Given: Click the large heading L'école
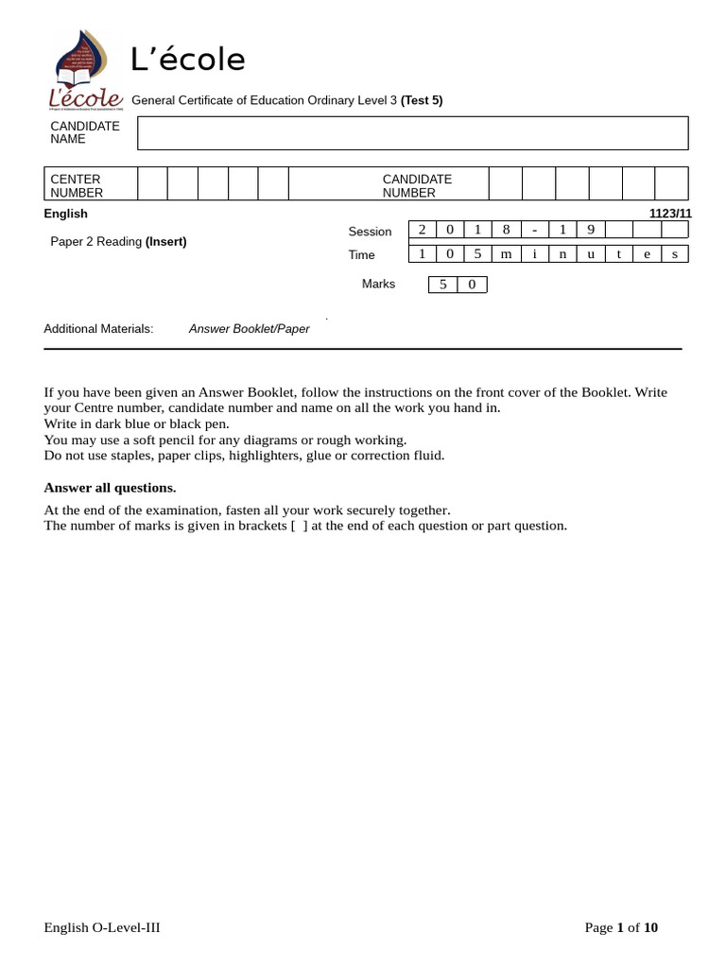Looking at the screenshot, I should click(x=188, y=60).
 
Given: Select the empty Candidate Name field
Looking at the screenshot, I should click(x=412, y=133).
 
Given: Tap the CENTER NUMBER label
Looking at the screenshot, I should click(x=76, y=185).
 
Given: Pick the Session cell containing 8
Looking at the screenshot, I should click(x=507, y=230).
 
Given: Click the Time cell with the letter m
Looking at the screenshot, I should click(x=507, y=253).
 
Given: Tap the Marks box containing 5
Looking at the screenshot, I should click(x=442, y=285).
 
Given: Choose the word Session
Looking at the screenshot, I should click(x=370, y=232).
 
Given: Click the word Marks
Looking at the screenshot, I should click(x=378, y=284).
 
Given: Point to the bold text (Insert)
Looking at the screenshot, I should click(x=165, y=241).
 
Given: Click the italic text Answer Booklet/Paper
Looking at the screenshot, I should click(x=249, y=329).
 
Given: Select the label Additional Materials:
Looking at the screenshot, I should click(x=98, y=329).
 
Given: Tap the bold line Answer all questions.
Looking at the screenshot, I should click(x=110, y=488).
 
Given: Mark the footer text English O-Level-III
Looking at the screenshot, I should click(x=102, y=927).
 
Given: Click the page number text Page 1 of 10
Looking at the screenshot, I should click(x=621, y=927).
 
